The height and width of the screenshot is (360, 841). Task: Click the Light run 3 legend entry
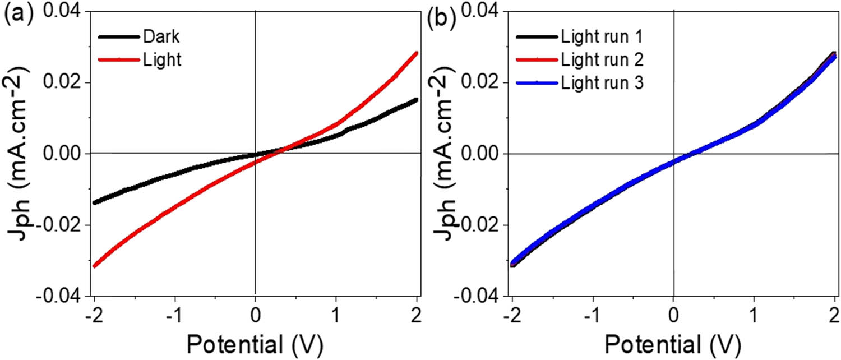click(x=601, y=83)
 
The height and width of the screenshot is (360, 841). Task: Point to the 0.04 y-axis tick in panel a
click(x=62, y=11)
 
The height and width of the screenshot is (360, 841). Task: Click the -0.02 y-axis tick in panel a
click(x=58, y=225)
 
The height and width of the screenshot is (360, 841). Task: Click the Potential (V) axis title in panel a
click(x=255, y=341)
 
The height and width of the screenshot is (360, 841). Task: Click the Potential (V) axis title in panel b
click(x=673, y=341)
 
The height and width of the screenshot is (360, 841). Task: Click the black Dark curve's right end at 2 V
click(x=416, y=100)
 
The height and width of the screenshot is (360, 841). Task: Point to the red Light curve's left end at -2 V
click(x=94, y=265)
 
